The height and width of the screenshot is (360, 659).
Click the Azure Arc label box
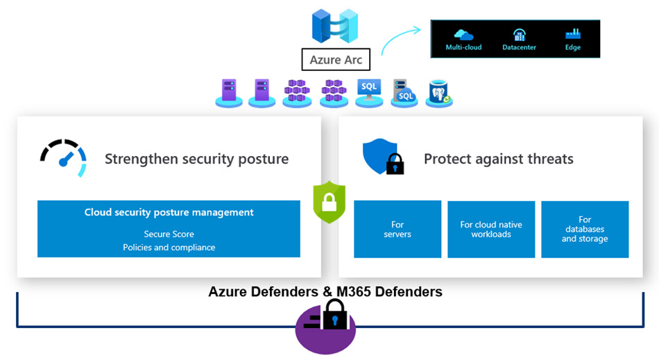(336, 60)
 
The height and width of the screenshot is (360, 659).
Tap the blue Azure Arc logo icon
(335, 26)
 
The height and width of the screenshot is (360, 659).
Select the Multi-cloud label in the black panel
(463, 47)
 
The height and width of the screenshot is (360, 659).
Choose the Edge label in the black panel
(572, 47)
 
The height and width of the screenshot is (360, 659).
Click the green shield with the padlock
(329, 203)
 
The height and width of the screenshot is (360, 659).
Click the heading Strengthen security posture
(196, 159)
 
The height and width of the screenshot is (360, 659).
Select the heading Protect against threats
(498, 159)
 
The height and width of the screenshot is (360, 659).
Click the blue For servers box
(397, 230)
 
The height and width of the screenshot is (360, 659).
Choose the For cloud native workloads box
(491, 230)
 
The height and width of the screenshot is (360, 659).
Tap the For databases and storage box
(585, 230)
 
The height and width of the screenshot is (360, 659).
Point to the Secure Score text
(169, 234)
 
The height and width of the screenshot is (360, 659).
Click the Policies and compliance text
(169, 248)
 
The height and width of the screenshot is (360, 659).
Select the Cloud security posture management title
(169, 213)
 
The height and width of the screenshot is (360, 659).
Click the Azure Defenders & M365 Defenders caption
(325, 292)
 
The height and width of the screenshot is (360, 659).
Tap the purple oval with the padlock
(326, 325)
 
